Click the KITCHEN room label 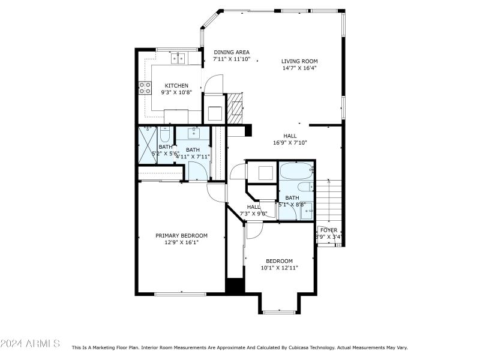176,85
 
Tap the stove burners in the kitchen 145,88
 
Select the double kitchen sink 178,58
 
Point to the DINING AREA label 232,52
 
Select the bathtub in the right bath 296,172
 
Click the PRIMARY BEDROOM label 181,235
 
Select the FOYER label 328,230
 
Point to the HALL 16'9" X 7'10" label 290,136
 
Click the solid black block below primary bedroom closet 235,286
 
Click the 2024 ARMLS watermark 30,343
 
